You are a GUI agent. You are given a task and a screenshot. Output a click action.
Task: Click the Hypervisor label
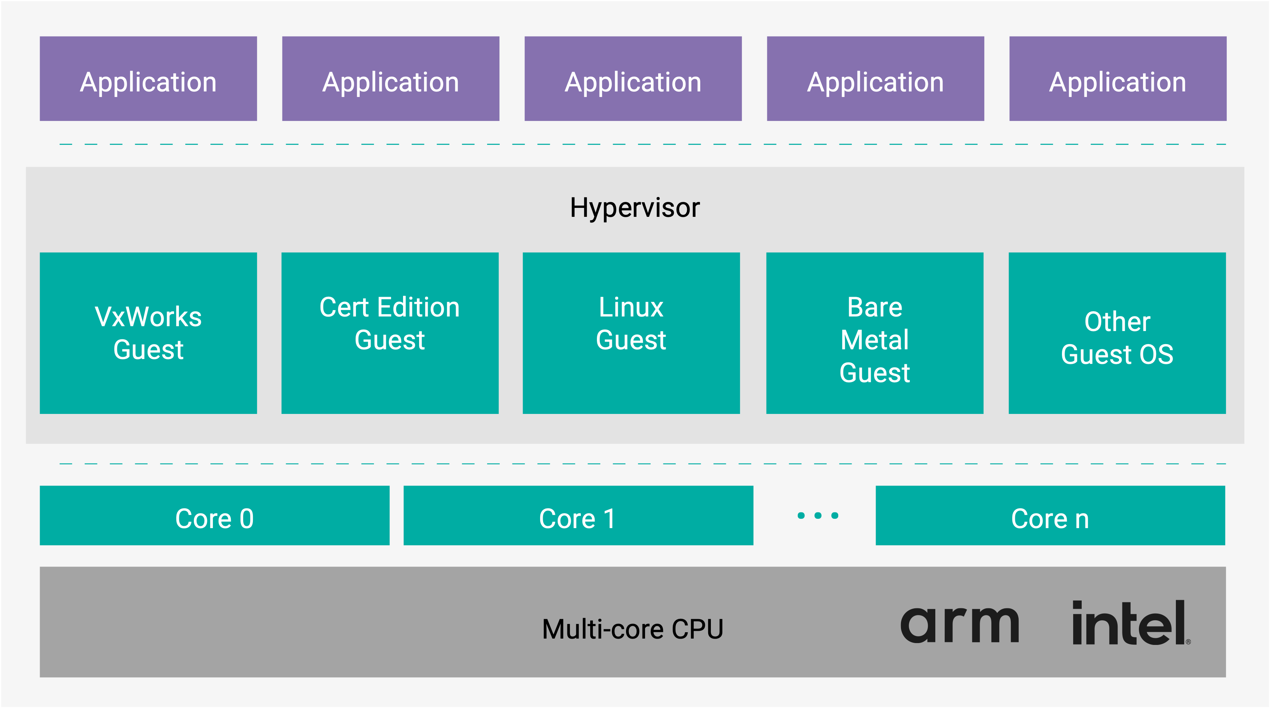(635, 208)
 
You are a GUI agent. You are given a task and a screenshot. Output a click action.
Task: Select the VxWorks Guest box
(148, 333)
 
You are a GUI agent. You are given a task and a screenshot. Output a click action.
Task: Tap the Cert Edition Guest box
(390, 333)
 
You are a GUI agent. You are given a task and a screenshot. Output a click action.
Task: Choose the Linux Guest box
(631, 333)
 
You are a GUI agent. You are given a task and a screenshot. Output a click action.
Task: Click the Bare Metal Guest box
(874, 333)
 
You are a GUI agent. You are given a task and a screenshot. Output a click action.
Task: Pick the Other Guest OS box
(1117, 333)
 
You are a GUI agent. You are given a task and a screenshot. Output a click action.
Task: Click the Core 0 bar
(214, 516)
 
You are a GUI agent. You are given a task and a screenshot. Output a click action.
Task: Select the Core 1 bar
(578, 516)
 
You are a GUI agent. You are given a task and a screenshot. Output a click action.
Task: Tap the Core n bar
(1050, 516)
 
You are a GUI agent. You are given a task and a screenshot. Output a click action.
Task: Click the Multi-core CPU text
(632, 629)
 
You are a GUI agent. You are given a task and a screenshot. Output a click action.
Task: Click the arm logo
(959, 625)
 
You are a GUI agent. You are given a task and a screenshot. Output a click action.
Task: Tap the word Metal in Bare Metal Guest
(874, 340)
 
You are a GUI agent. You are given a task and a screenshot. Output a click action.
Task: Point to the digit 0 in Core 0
(247, 519)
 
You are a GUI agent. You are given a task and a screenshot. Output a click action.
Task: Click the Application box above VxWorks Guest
(148, 79)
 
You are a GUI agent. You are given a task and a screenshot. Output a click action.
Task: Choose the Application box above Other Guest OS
(1118, 79)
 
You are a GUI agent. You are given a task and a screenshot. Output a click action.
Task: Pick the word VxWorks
(148, 317)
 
